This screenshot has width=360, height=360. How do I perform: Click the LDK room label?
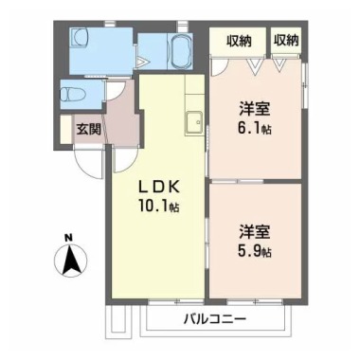coord(159,188)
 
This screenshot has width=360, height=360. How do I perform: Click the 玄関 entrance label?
coord(89,129)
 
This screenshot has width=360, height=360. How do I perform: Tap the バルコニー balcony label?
coord(215,319)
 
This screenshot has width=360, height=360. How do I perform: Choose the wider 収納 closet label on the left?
coord(239,41)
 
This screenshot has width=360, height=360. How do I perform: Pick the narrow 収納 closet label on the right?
coord(286,41)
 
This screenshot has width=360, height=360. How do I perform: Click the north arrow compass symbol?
coord(70,260)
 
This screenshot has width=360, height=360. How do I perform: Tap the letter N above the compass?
coord(67,238)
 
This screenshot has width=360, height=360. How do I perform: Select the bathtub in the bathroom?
coord(181,51)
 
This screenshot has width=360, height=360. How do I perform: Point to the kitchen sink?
coord(194,122)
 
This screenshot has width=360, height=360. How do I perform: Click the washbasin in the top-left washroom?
coord(80,38)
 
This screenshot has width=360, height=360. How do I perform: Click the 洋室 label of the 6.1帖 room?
coord(254,109)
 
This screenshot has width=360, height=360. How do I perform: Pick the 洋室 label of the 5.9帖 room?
coord(254,232)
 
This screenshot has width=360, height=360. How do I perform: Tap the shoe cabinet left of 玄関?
coord(66,130)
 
